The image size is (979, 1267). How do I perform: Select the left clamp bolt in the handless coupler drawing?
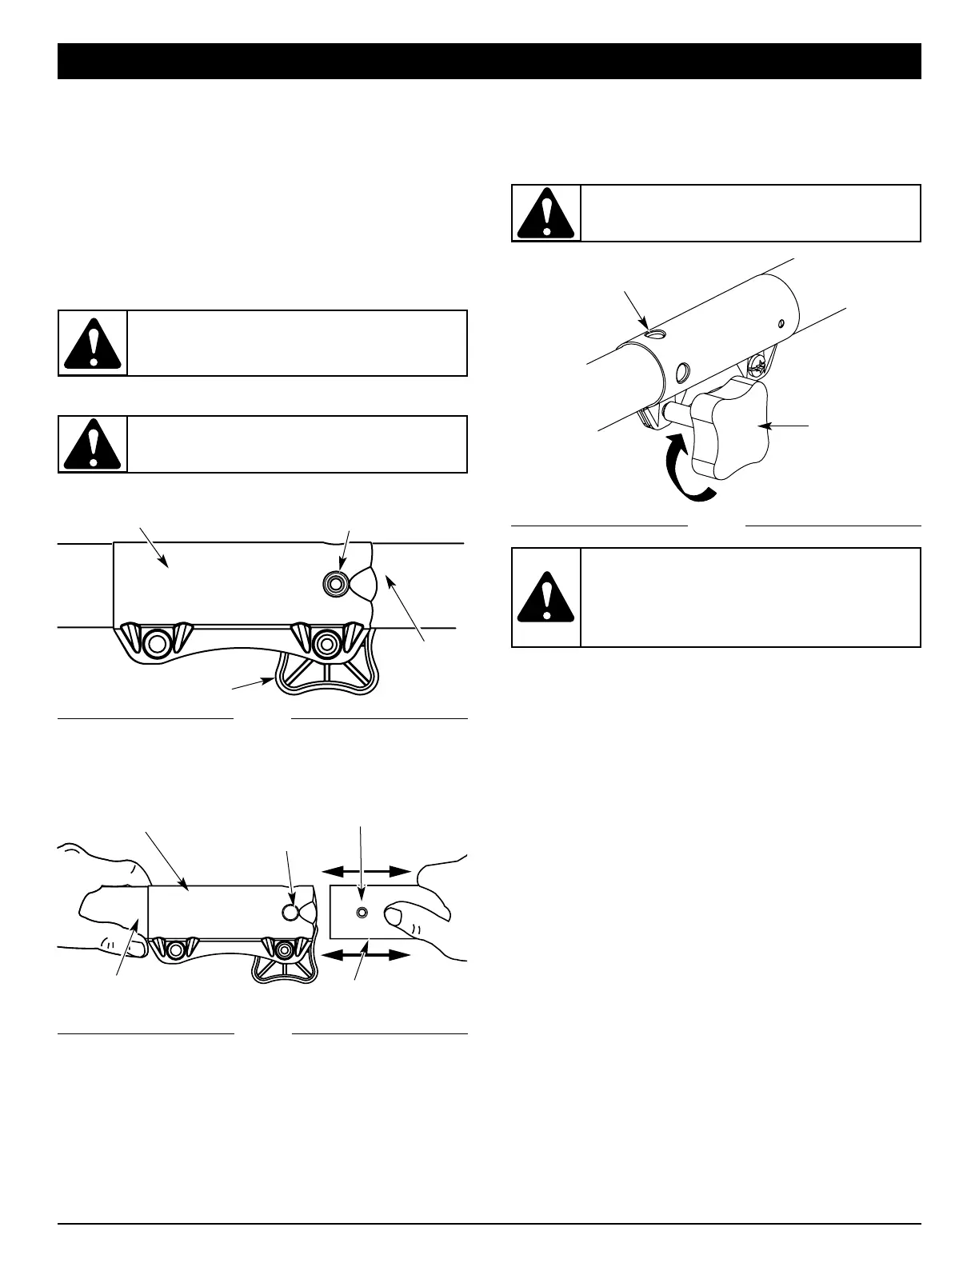pos(157,641)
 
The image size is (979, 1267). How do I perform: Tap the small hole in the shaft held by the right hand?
pos(362,913)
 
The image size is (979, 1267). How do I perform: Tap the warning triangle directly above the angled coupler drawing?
pos(546,213)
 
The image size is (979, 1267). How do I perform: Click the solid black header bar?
pos(489,62)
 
